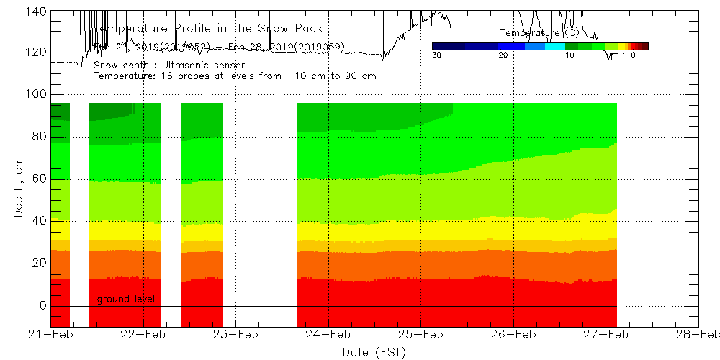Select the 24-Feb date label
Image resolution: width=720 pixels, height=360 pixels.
329,334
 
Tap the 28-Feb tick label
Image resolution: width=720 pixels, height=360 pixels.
698,334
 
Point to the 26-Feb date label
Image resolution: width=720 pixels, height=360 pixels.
513,334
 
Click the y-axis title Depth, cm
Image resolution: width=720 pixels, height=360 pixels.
19,189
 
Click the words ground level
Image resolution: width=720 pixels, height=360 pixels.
125,299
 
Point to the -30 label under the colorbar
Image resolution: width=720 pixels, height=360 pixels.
434,55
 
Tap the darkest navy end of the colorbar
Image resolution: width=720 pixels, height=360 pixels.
436,46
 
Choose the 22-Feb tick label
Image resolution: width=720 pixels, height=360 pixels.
144,334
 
